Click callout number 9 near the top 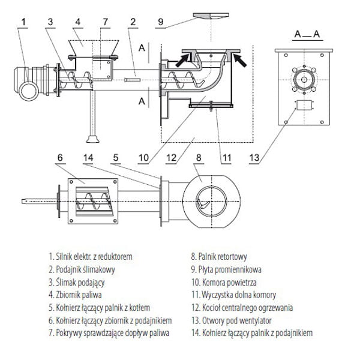161,22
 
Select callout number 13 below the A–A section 254,158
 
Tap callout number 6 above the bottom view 60,158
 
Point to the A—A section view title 307,34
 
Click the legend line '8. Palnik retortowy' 219,256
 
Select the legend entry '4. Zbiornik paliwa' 75,295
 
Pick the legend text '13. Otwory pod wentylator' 232,320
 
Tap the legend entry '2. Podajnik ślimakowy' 82,269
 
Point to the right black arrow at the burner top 239,59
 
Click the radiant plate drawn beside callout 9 211,16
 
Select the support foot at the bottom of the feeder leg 93,139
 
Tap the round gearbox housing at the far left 29,91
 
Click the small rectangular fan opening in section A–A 304,106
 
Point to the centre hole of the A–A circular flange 304,80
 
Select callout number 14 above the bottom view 88,158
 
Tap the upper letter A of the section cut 142,48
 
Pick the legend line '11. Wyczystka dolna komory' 234,295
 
